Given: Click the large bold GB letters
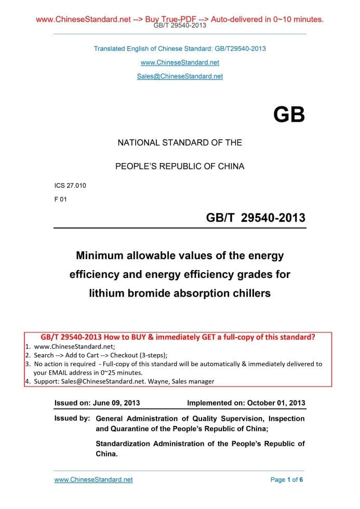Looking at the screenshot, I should point(289,114).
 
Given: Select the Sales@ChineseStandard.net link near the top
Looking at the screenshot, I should point(180,76).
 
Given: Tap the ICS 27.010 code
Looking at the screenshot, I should point(70,185).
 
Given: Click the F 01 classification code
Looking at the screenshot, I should point(61,199).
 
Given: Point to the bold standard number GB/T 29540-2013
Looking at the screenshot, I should point(256,218).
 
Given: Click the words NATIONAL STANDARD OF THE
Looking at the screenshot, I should point(180,142).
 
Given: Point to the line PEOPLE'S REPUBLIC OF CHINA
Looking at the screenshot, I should point(180,167).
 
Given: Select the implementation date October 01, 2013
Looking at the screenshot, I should point(276,403).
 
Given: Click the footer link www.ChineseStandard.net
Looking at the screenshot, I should point(94,480).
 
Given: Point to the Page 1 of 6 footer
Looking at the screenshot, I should point(286,480).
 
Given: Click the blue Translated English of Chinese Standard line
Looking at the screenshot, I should point(180,49).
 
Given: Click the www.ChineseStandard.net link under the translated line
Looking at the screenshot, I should point(180,62).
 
